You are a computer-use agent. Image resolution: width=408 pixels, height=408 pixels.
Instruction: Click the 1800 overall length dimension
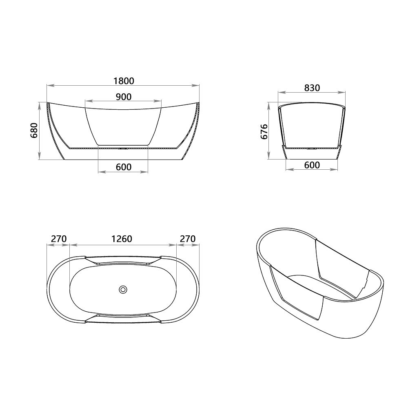tap(123, 80)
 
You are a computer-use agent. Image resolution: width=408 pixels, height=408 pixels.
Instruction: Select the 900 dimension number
tap(123, 96)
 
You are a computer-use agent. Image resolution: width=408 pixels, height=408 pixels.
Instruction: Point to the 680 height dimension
tap(34, 130)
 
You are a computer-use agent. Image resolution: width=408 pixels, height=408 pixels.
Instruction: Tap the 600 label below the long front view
tap(123, 167)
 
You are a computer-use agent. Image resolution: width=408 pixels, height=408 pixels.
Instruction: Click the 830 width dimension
tap(312, 88)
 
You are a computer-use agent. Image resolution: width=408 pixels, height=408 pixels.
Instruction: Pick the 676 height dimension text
tap(264, 132)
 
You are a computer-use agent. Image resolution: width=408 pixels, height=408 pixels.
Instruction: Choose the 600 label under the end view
tap(312, 165)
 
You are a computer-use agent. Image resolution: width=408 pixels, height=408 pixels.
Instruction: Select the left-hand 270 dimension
tap(58, 239)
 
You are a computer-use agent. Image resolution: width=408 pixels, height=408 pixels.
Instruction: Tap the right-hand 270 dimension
tap(187, 239)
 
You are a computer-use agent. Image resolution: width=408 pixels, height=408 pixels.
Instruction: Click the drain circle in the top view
tap(123, 290)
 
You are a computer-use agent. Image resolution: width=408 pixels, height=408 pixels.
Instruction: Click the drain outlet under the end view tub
tap(312, 148)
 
